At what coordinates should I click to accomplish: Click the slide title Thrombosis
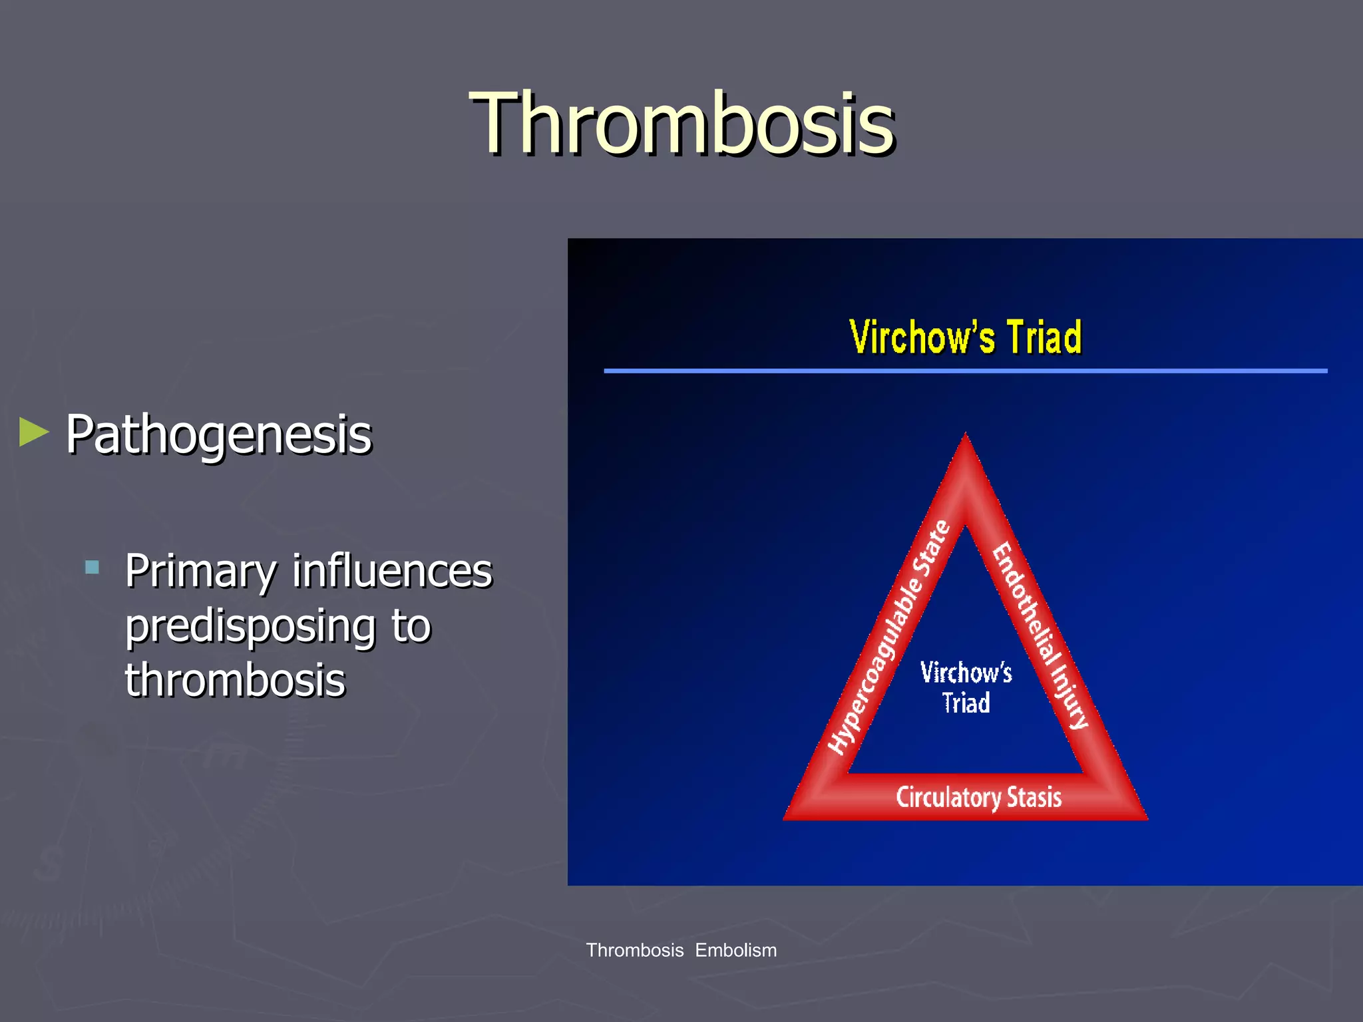pyautogui.click(x=681, y=124)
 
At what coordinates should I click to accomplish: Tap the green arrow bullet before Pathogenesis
pyautogui.click(x=34, y=432)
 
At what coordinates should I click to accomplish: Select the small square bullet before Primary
pyautogui.click(x=93, y=568)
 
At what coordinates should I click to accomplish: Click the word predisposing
pyautogui.click(x=250, y=627)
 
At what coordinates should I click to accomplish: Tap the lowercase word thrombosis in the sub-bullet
pyautogui.click(x=235, y=681)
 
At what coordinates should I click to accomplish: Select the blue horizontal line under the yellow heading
pyautogui.click(x=964, y=371)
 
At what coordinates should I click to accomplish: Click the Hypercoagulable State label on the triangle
pyautogui.click(x=888, y=637)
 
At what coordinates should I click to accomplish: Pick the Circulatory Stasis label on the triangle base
pyautogui.click(x=978, y=797)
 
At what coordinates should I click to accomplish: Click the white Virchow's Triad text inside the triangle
pyautogui.click(x=966, y=687)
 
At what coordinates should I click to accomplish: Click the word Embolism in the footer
pyautogui.click(x=735, y=950)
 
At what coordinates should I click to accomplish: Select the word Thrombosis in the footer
pyautogui.click(x=634, y=950)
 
